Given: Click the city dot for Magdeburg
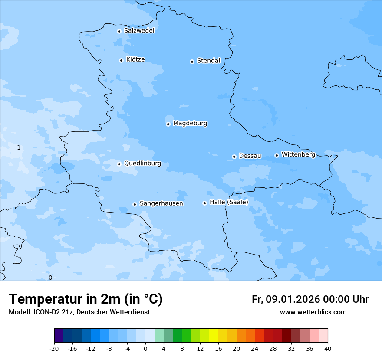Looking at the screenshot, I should point(168,124).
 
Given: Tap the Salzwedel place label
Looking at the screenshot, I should point(139,31).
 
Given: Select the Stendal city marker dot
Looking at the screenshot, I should point(192,62).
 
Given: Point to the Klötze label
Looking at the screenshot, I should point(135,59).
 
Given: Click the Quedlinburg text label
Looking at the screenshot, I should point(142,164).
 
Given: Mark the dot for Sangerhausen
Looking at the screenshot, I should point(135,204).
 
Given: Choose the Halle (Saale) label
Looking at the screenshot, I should point(229,202).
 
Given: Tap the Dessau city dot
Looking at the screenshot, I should point(234,157).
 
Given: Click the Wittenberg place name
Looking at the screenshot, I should point(298,154).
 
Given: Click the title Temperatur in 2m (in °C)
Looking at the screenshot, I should point(86,299).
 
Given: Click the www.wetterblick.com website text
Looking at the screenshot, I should point(313,312).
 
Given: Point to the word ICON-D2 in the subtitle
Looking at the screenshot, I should point(46,312).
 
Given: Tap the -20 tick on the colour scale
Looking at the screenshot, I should point(54,348).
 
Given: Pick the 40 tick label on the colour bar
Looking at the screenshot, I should point(328,348).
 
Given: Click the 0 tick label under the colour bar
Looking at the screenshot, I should point(145,348).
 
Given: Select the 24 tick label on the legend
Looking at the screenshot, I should point(255,348).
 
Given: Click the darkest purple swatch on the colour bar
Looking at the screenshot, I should point(59,336).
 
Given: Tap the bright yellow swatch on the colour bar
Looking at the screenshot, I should point(214,336).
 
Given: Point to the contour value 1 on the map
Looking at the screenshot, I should point(19,148).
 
